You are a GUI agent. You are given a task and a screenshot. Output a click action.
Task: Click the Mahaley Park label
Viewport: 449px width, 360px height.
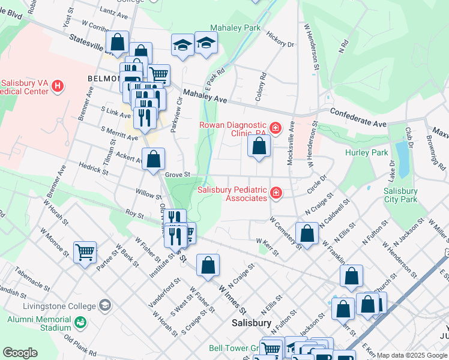point(235,28)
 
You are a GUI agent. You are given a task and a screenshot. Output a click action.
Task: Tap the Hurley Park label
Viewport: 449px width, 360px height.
point(367,152)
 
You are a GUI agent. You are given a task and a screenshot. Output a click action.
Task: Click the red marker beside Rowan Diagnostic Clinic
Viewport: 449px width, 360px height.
point(276,128)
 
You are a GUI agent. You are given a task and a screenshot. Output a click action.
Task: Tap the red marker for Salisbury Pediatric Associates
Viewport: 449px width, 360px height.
point(276,193)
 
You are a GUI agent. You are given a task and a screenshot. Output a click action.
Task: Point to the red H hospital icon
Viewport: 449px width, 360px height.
point(58,86)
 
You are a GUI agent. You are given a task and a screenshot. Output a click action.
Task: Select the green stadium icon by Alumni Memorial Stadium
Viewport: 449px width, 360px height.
point(80,324)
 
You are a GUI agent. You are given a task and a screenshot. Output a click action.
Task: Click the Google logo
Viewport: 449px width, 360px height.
point(20,353)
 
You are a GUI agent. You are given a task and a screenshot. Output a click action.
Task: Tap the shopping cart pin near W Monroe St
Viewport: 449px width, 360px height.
point(85,252)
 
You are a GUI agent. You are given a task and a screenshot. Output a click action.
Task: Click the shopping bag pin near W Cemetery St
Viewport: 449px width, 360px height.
point(307,234)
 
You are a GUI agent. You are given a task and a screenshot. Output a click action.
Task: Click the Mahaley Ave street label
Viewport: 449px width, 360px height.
point(205,94)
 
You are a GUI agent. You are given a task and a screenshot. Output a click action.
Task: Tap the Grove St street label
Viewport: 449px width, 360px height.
point(177,175)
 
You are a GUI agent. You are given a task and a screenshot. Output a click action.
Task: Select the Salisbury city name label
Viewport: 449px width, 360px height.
point(252,323)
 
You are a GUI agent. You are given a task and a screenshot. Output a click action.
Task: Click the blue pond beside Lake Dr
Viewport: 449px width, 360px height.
point(400,155)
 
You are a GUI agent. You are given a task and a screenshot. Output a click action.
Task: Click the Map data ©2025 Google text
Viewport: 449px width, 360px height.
point(412,355)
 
